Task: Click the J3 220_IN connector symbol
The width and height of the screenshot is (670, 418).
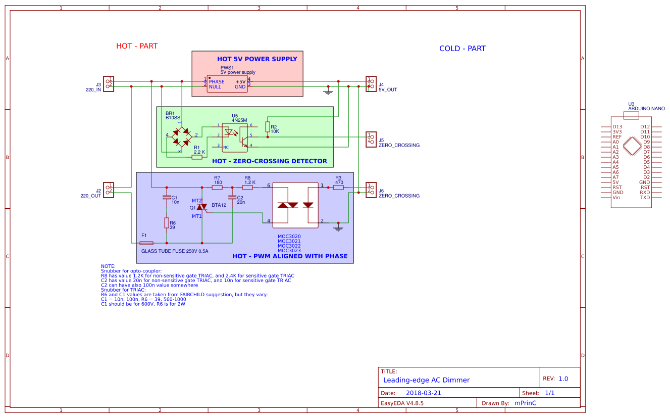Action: (x=109, y=84)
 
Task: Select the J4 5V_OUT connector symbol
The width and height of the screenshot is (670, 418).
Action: (x=371, y=84)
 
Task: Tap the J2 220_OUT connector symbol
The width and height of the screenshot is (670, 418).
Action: (x=109, y=190)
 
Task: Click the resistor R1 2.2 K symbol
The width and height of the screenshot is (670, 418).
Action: (x=197, y=157)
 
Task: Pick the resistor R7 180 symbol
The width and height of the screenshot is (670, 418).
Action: (x=217, y=188)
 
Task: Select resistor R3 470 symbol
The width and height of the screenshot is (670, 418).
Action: (x=338, y=188)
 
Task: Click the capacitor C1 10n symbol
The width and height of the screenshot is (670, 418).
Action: (x=167, y=198)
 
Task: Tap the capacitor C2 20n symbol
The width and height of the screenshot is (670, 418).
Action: (x=232, y=198)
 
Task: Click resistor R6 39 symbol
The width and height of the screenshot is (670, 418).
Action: (x=167, y=223)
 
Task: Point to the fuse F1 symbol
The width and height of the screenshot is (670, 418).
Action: (x=146, y=243)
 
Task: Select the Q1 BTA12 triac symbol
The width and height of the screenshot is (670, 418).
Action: (x=202, y=207)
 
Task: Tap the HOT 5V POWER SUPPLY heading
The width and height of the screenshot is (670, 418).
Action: (x=257, y=59)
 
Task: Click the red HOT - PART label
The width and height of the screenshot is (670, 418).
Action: (x=137, y=46)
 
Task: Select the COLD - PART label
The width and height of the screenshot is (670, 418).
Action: (x=462, y=49)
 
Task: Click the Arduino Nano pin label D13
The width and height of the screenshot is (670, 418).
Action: (x=617, y=127)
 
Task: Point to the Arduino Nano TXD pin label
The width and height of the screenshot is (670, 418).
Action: (x=645, y=198)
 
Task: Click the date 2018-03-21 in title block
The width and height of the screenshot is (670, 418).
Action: (x=423, y=393)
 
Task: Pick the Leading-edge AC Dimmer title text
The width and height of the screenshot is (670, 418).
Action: (x=426, y=380)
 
